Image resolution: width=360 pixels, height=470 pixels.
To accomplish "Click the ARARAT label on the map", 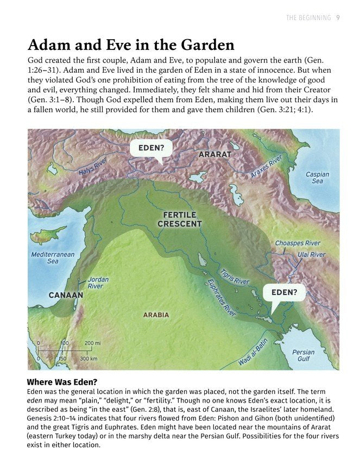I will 215,154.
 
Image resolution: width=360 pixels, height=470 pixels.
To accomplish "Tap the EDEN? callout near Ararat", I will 151,148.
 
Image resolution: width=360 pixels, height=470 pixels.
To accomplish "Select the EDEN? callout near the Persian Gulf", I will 284,292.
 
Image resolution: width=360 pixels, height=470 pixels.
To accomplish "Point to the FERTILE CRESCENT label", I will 180,220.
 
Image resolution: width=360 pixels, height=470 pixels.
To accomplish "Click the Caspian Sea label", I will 317,178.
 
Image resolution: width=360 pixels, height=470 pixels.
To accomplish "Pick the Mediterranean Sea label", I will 53,258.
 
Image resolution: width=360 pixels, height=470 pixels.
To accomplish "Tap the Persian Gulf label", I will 303,355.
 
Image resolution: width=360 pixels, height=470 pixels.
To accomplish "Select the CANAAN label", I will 66,295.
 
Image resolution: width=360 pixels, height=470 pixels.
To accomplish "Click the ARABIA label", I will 156,315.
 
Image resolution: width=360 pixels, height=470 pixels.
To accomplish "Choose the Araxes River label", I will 267,166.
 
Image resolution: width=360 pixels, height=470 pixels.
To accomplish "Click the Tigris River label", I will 235,277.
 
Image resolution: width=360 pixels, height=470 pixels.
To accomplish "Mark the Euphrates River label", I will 222,298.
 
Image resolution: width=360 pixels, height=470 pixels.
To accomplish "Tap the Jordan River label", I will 98,283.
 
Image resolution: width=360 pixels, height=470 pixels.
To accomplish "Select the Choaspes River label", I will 298,243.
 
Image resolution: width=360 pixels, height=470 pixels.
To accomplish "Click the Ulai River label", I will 311,254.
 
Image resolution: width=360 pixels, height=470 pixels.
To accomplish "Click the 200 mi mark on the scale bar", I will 93,343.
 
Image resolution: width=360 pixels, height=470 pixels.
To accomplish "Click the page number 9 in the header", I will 338,18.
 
